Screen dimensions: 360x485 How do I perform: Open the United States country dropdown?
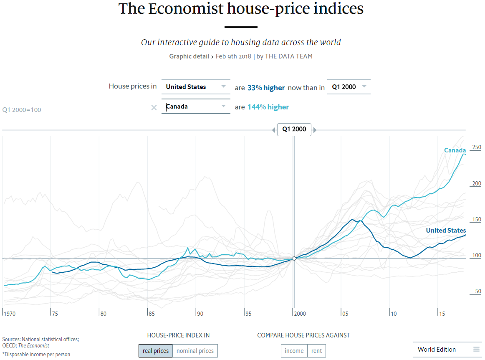tap(195, 87)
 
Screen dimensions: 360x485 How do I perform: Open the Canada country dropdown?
tap(195, 106)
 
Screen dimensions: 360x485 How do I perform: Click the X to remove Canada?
tap(154, 107)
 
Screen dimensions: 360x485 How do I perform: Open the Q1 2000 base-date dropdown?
tap(349, 87)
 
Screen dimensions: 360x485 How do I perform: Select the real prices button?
tap(155, 351)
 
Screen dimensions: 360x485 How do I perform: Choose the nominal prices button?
tap(195, 351)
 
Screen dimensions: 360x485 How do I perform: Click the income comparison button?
tap(294, 351)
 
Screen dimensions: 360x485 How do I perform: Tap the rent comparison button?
tap(316, 351)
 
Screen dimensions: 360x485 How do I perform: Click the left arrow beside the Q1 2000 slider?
tap(273, 130)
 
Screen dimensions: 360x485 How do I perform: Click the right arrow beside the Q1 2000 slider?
tap(315, 130)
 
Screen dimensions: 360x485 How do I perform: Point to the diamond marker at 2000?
tap(294, 259)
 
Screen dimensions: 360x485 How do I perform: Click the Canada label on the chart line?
tap(455, 150)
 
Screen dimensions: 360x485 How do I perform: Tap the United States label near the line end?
tap(446, 231)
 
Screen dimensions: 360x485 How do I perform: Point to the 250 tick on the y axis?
tap(476, 147)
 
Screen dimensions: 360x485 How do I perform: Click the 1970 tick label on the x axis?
tap(9, 314)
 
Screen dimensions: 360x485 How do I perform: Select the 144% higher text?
tap(268, 107)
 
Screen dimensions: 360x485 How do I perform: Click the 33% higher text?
tap(266, 88)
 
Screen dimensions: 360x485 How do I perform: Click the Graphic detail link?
tap(189, 56)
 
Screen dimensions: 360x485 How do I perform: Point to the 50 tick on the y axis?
tap(478, 292)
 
